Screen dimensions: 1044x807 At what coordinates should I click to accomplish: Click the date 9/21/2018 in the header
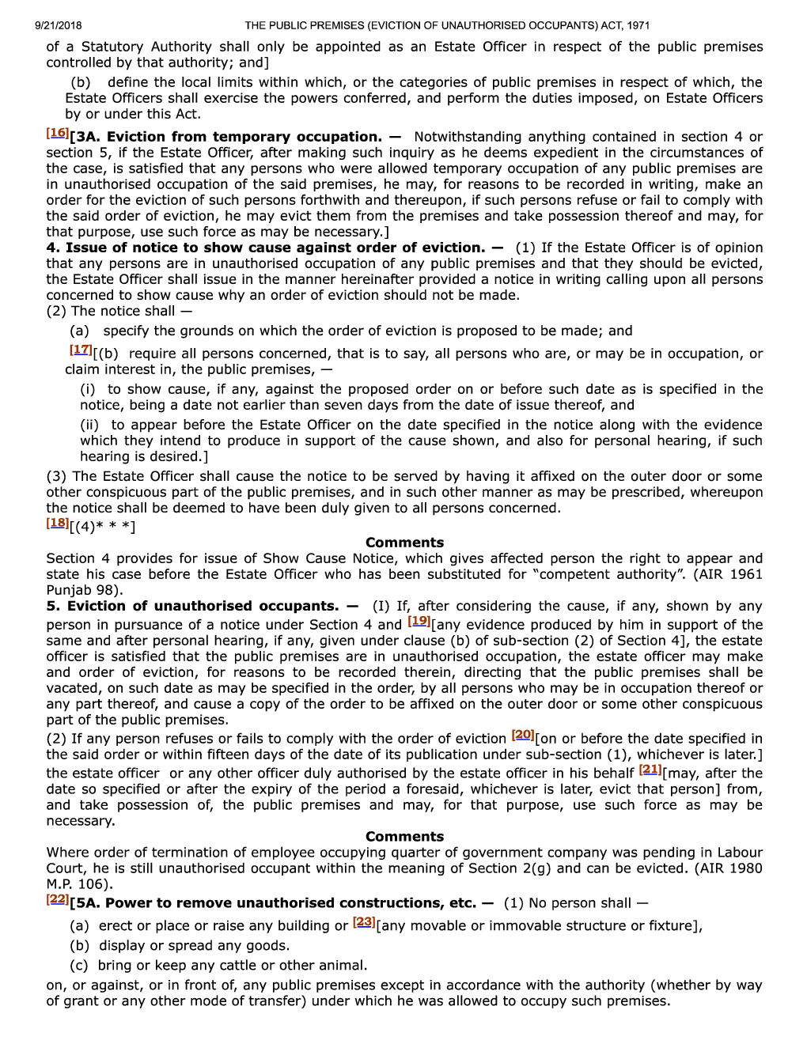pyautogui.click(x=58, y=25)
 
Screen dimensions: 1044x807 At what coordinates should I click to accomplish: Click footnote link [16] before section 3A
pyautogui.click(x=57, y=133)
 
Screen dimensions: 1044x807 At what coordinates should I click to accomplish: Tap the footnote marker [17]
pyautogui.click(x=80, y=350)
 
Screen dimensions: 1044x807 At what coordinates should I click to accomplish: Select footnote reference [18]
pyautogui.click(x=57, y=523)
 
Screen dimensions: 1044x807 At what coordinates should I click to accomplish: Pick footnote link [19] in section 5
pyautogui.click(x=419, y=622)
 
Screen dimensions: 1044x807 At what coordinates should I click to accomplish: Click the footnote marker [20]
pyautogui.click(x=523, y=735)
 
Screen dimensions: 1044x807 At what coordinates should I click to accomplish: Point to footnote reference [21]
pyautogui.click(x=650, y=770)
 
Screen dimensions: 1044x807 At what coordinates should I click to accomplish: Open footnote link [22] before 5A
pyautogui.click(x=57, y=899)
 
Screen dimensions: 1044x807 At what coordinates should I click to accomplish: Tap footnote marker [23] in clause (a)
pyautogui.click(x=364, y=922)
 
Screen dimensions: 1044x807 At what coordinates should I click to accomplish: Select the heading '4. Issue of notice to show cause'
pyautogui.click(x=265, y=248)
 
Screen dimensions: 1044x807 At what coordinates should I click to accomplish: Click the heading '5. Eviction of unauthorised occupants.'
pyautogui.click(x=192, y=606)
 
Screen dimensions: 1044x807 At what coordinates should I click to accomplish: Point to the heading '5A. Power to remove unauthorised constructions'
pyautogui.click(x=290, y=903)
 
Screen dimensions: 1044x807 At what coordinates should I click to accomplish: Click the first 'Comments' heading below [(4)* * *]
pyautogui.click(x=404, y=543)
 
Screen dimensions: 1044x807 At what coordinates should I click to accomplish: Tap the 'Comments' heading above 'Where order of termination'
pyautogui.click(x=404, y=837)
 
